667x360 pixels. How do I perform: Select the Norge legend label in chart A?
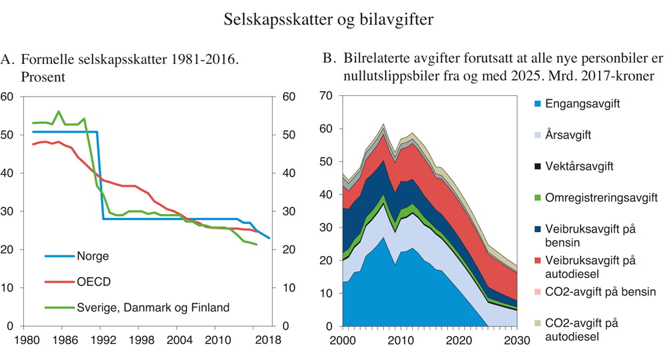pyautogui.click(x=93, y=256)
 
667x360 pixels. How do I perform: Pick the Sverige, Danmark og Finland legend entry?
pyautogui.click(x=153, y=307)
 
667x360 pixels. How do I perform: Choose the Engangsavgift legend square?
pyautogui.click(x=536, y=105)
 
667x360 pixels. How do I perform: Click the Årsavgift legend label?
pyautogui.click(x=569, y=135)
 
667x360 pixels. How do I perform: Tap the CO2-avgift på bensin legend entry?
pyautogui.click(x=600, y=292)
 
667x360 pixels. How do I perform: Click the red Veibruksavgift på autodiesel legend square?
pyautogui.click(x=536, y=261)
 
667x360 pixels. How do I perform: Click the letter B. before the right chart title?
pyautogui.click(x=329, y=59)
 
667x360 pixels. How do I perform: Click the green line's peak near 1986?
pyautogui.click(x=59, y=111)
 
